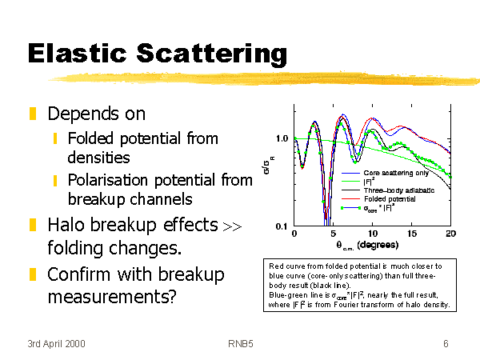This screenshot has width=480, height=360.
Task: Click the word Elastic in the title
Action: pos(77,54)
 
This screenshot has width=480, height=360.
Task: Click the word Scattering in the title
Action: pos(212,55)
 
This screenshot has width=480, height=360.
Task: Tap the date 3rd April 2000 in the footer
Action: pos(56,344)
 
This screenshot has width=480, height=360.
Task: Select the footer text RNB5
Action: pos(241,344)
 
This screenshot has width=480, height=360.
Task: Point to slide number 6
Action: pos(446,344)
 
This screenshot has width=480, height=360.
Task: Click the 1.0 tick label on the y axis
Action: pos(282,138)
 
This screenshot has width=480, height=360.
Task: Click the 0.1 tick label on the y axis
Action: pos(282,226)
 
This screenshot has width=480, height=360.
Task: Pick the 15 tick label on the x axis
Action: pos(412,234)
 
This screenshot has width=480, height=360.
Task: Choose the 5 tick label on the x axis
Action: pos(334,234)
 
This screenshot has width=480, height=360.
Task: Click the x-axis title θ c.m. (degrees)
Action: pos(367,246)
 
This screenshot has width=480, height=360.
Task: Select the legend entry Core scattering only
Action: pos(396,173)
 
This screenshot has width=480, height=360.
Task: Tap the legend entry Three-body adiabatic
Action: pos(399,190)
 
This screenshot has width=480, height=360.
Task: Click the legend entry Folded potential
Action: pos(390,199)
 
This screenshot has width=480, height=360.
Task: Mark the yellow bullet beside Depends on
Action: pos(33,114)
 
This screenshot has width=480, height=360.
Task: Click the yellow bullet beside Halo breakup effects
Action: pos(33,224)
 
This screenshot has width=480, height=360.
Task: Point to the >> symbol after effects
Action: pos(232,227)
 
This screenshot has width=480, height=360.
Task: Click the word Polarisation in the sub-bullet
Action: pos(108,180)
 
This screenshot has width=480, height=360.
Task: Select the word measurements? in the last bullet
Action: pos(112,297)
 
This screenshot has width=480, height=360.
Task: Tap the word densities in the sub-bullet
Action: pos(98,158)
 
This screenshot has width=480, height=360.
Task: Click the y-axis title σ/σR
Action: pos(268,166)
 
